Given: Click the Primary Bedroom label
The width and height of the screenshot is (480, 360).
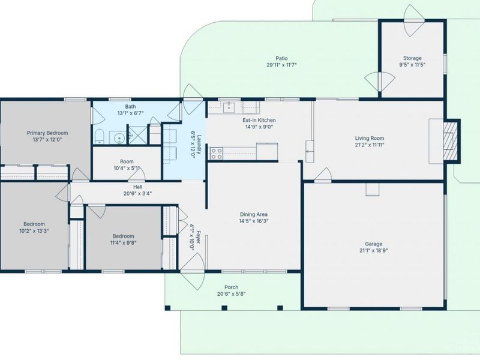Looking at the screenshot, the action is tap(47, 133).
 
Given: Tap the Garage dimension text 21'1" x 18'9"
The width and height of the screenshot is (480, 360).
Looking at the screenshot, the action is tap(373, 250).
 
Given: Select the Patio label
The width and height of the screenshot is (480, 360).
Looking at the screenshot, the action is tap(281, 58).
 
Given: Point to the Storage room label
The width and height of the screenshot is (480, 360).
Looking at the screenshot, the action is tap(412, 58).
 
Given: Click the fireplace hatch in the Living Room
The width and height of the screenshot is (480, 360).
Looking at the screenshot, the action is tap(451, 141).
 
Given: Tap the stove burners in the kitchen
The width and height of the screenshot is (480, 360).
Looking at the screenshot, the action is tap(216, 154).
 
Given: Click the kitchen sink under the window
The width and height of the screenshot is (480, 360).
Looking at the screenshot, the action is tap(229, 108).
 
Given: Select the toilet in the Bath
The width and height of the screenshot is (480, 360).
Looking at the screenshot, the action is tap(99, 137).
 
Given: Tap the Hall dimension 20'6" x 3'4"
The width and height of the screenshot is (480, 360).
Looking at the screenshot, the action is tap(138, 193).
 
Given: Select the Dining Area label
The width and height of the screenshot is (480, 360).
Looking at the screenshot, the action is tap(254, 214).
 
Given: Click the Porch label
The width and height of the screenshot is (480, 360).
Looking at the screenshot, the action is tap(231, 287).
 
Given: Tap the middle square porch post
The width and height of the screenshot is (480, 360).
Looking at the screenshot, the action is tap(224, 308).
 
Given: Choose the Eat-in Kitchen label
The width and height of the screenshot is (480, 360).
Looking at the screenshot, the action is tap(259, 120).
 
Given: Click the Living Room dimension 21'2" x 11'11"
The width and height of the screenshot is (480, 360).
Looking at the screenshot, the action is tap(370, 145).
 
